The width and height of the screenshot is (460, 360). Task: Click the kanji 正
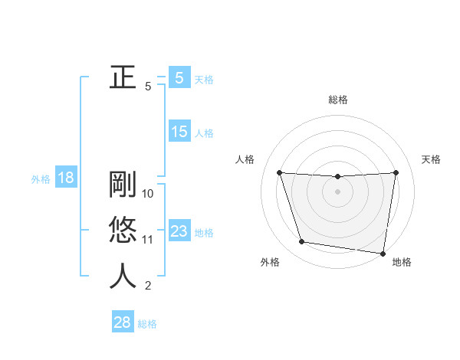(123, 77)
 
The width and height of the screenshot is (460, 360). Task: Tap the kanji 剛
(123, 185)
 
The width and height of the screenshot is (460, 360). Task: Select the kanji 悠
(123, 230)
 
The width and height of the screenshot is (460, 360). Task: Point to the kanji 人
(123, 276)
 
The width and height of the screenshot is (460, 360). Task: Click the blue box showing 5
(179, 78)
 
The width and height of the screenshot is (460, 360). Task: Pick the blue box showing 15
(179, 132)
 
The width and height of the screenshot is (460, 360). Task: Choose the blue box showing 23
(179, 231)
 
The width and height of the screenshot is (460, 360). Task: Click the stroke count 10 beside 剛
(149, 194)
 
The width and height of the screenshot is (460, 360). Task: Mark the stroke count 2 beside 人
(148, 286)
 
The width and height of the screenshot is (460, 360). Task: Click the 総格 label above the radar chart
(337, 100)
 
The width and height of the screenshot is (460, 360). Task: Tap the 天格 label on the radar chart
(432, 159)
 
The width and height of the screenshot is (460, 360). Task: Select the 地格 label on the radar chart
(402, 263)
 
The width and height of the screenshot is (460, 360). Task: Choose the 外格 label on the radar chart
(270, 263)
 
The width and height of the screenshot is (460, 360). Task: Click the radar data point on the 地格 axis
(383, 253)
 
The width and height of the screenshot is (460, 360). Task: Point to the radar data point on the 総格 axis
(337, 177)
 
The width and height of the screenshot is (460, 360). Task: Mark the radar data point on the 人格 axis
(279, 172)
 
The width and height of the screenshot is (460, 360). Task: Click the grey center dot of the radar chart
(337, 191)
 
